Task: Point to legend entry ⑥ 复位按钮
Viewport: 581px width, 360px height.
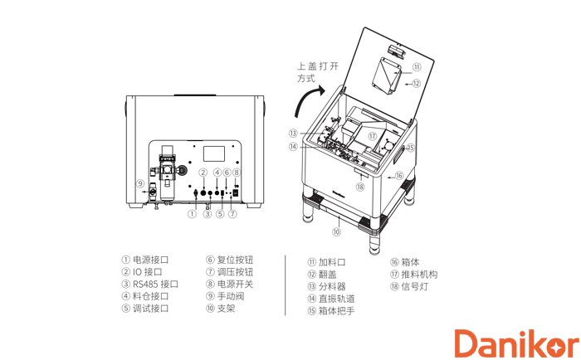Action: coord(229,260)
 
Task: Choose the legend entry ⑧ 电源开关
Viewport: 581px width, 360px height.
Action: coord(229,284)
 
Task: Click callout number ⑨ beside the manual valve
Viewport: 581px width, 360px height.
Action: coord(140,183)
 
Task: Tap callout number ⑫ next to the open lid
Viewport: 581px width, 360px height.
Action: coord(416,83)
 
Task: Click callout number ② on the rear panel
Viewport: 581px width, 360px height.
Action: coord(202,172)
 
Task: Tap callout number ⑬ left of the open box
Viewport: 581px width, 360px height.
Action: coord(293,133)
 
